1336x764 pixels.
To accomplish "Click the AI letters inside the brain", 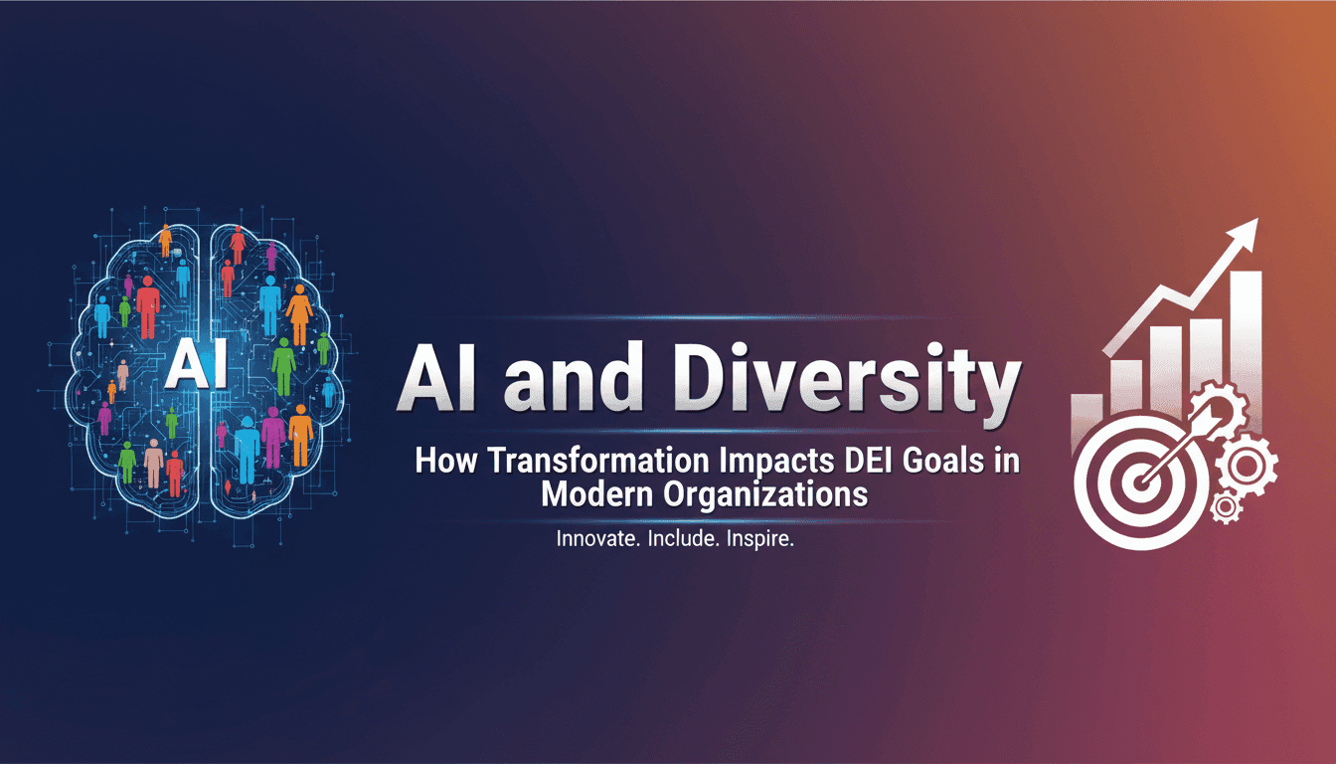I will (x=197, y=365).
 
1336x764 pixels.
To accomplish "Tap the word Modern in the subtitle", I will (x=596, y=494).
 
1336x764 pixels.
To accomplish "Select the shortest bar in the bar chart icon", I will (x=1085, y=418).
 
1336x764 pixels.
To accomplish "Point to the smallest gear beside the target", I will (x=1227, y=508).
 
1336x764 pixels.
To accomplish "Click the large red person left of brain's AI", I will (x=148, y=306).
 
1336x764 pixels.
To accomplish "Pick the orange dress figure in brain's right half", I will (x=299, y=313).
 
